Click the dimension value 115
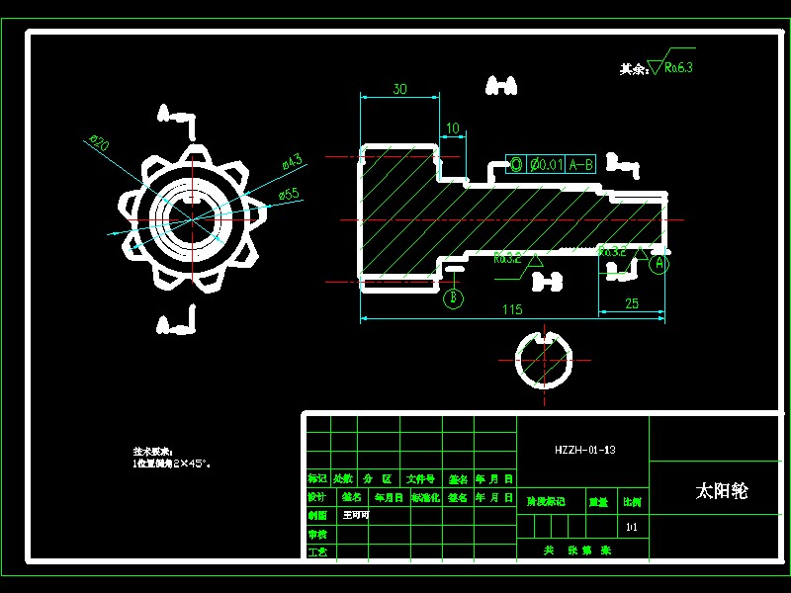click(511, 309)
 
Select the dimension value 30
click(399, 89)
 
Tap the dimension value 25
click(632, 303)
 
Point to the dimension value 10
click(452, 128)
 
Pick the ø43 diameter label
click(291, 159)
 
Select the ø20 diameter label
click(99, 144)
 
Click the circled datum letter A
click(659, 264)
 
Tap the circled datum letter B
click(454, 296)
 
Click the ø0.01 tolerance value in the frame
click(548, 164)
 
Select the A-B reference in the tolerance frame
click(582, 164)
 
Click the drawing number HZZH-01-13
click(585, 450)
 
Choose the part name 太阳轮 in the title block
click(722, 491)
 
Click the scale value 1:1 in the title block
click(632, 526)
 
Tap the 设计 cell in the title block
click(316, 497)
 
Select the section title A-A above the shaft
click(501, 88)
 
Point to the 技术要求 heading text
click(152, 450)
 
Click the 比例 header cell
click(632, 501)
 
